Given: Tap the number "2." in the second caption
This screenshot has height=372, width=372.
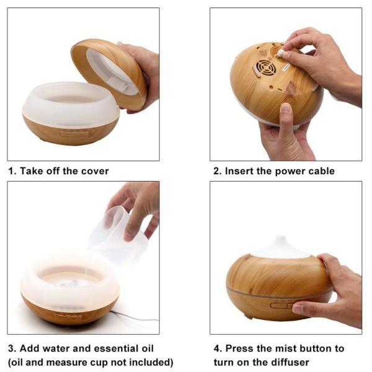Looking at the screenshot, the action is pos(218,171).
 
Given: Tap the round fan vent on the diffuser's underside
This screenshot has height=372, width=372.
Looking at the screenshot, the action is pos(265,68).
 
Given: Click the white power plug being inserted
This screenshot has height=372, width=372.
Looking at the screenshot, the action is pos(281,53).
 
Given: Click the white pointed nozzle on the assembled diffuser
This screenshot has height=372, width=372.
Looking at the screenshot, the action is pos(281,247).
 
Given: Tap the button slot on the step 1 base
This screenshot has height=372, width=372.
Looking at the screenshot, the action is pos(74,133).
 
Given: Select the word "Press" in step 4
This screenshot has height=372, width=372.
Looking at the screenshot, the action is pos(239,348).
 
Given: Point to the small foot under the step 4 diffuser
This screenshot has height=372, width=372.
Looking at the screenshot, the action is pos(249,316).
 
